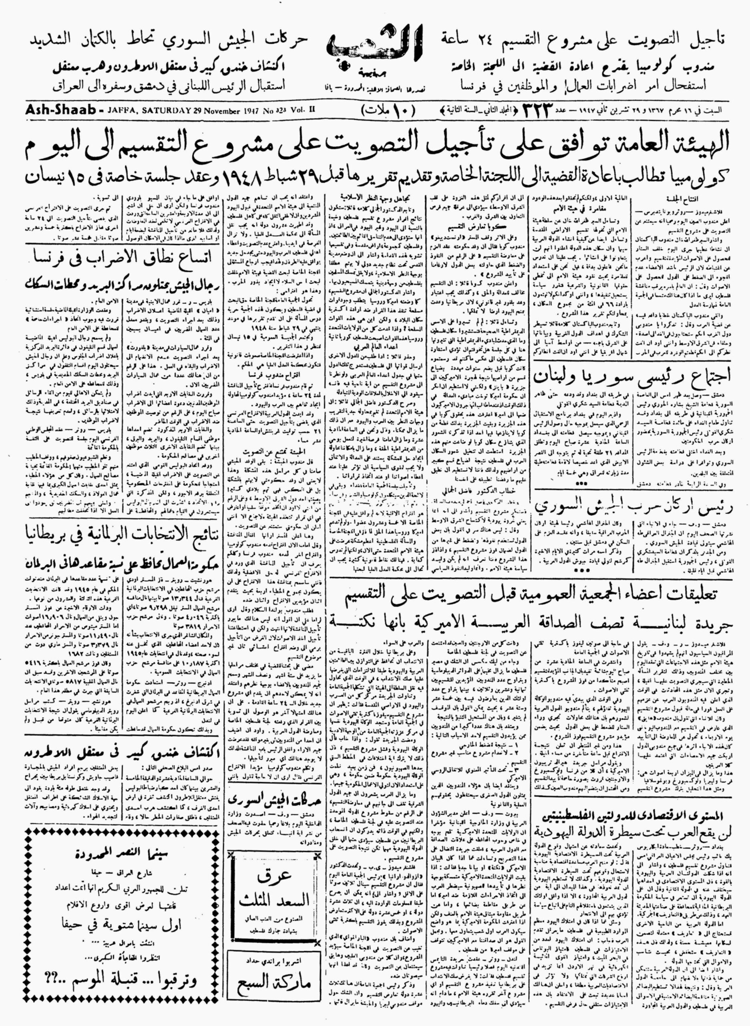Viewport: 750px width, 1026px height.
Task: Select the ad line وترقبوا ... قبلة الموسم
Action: pyautogui.click(x=123, y=990)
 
